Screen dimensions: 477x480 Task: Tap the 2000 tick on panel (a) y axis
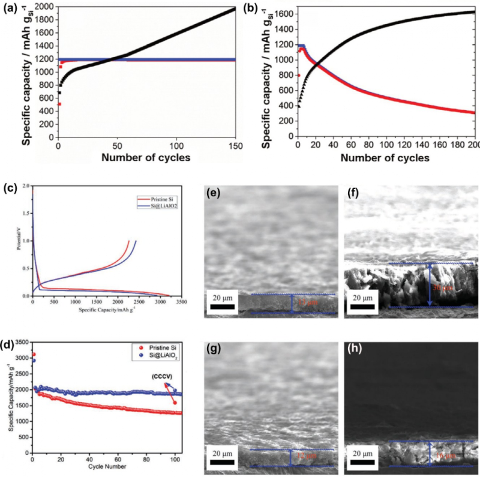[x=44, y=7]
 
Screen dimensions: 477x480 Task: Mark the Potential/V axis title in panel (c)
[x=20, y=241]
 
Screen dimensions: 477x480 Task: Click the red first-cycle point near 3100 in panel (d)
[x=33, y=354]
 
